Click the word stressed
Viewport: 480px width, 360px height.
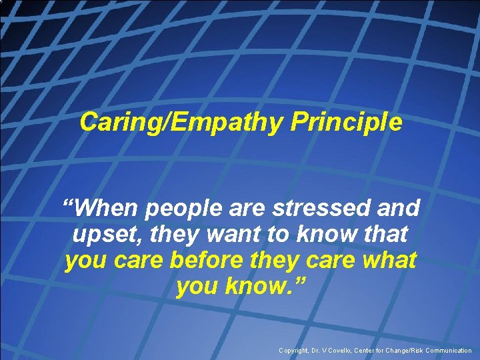click(322, 208)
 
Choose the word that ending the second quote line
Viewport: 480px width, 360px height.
click(383, 235)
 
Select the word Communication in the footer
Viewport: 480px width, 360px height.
click(446, 350)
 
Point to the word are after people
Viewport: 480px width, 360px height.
click(248, 209)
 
